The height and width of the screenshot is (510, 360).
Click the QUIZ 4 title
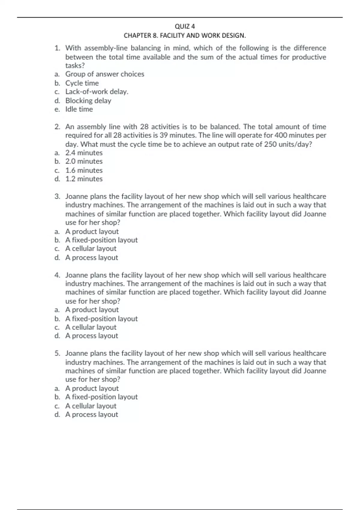tap(184, 26)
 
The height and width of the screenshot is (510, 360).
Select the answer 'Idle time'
tap(79, 109)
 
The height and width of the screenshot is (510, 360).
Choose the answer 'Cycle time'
tap(82, 83)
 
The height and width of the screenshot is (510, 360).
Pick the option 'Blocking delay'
tap(88, 100)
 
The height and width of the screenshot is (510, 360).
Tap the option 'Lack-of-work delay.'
tap(97, 92)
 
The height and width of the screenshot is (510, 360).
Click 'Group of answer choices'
tap(105, 74)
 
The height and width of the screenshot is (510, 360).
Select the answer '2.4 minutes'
tap(84, 153)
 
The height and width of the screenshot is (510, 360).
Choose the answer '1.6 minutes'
tap(84, 170)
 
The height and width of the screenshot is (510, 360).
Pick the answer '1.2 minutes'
tap(84, 179)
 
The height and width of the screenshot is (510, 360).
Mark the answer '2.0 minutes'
tap(84, 161)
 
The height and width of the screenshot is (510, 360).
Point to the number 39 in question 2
tap(164, 135)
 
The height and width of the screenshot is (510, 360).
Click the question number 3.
tap(57, 196)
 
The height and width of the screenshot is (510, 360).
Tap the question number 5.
tap(57, 353)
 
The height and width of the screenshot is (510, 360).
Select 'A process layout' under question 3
tap(91, 258)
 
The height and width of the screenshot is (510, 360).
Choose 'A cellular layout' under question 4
tap(91, 327)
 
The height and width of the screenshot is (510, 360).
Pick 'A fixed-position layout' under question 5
tap(101, 397)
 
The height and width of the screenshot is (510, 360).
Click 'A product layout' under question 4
tap(92, 310)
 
